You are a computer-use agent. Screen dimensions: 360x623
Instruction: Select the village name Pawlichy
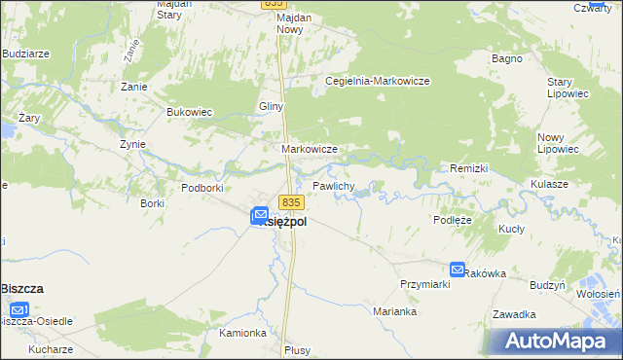pos(333,185)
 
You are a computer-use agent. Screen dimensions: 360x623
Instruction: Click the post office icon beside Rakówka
pos(458,270)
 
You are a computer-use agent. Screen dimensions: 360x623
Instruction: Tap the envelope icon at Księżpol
pos(260,215)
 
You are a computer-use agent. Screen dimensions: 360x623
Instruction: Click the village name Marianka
pos(395,311)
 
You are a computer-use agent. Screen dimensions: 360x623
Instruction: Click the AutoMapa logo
pos(558,341)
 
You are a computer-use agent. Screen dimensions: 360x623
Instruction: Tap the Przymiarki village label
pos(424,284)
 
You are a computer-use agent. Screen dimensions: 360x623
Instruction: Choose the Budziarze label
pos(26,54)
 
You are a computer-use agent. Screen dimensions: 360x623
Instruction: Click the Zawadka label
pos(515,314)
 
